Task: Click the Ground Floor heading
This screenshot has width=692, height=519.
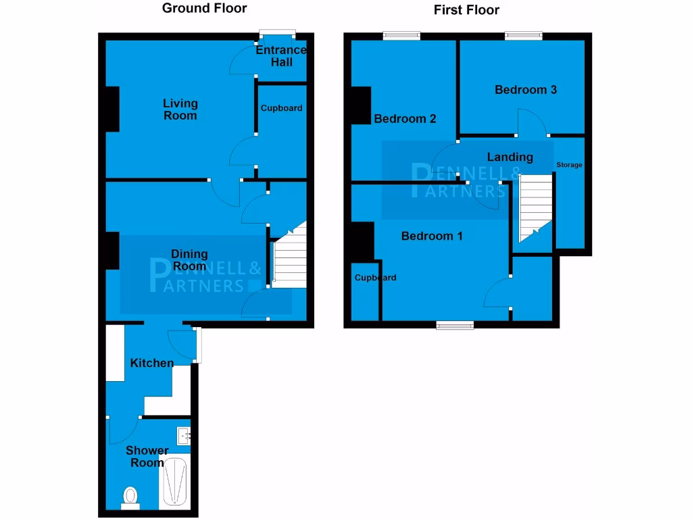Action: (205, 9)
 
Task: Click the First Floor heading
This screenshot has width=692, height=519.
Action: (466, 10)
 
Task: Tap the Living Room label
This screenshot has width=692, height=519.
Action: (180, 109)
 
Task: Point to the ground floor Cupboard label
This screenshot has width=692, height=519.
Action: (282, 108)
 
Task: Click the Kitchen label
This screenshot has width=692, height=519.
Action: (152, 364)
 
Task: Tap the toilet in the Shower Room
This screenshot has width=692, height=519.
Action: (130, 497)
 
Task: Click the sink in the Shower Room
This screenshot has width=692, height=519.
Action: (184, 436)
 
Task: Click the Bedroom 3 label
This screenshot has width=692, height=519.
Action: (526, 90)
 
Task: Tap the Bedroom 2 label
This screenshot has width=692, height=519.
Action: (405, 119)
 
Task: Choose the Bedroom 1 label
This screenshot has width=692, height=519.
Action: (432, 237)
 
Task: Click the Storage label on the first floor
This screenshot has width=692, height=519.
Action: (569, 165)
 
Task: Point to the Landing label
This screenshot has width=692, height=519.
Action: (510, 157)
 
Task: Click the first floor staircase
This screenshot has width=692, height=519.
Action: (535, 206)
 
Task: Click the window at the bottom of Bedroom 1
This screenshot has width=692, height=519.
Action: (455, 326)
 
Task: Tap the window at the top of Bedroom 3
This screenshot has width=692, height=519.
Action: (525, 36)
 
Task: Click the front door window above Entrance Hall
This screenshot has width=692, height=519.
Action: (278, 34)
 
